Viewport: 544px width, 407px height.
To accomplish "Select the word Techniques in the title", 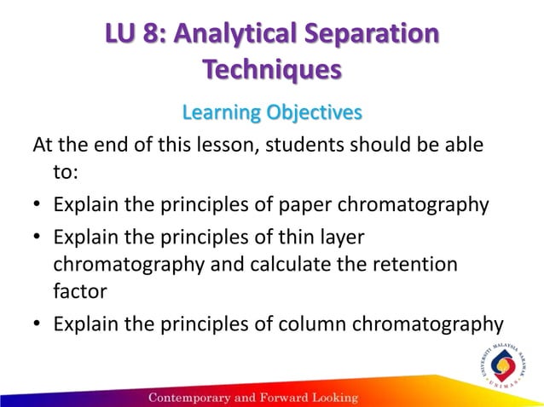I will coord(272,70).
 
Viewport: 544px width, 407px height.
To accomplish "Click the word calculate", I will coord(281,265).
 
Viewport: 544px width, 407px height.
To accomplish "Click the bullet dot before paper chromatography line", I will coord(39,206).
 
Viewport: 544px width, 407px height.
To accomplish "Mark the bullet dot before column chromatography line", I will coord(39,324).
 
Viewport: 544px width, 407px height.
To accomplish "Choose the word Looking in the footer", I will coord(330,398).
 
